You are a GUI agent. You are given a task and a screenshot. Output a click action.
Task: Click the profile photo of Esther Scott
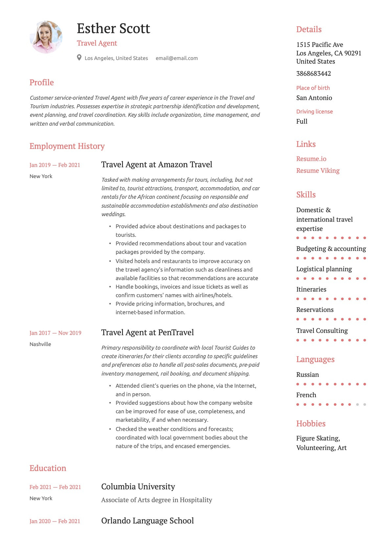pos(46,37)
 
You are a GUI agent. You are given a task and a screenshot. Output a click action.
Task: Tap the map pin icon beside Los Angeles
pos(79,58)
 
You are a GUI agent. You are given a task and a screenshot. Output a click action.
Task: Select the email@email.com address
pos(176,58)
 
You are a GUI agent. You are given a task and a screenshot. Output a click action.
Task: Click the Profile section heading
pos(42,82)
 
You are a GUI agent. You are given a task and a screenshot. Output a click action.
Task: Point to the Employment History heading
pos(67,146)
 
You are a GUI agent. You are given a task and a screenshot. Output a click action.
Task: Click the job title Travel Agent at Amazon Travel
pos(156,164)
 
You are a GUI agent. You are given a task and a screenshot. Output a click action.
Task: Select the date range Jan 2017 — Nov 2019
pos(55,333)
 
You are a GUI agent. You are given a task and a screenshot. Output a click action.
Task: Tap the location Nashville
pos(40,344)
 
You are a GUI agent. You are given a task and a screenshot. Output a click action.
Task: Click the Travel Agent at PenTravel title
pos(147,332)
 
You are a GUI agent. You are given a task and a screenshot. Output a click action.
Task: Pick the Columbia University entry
pos(138,486)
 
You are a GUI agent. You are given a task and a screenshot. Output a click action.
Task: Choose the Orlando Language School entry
pos(147,521)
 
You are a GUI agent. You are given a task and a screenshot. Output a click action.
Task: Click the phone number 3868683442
pos(313,73)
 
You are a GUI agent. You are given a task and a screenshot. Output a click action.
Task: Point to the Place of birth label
pos(313,88)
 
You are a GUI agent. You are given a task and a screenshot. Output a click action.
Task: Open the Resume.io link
pos(311,159)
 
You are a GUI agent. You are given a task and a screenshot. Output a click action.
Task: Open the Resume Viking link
pos(318,171)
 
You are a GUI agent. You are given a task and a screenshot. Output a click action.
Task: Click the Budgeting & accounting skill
pos(331,249)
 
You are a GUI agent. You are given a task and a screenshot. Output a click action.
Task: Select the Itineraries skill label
pos(311,289)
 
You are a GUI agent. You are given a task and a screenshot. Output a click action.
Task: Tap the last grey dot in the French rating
pos(365,404)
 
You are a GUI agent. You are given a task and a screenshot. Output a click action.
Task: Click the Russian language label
pos(307,375)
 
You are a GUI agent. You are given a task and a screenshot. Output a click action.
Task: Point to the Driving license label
pos(314,112)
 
